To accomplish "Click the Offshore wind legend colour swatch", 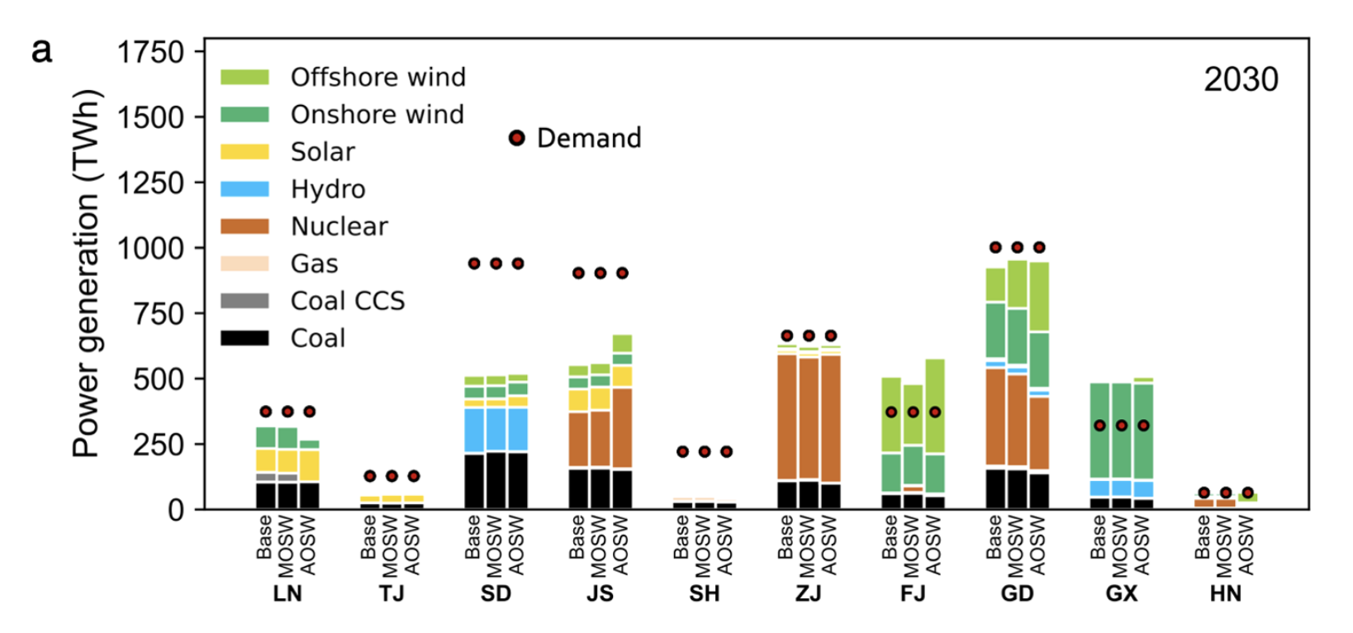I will (x=244, y=77).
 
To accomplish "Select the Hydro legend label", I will (x=327, y=189).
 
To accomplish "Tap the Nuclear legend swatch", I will (x=244, y=226).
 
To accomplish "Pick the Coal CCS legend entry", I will (x=347, y=301).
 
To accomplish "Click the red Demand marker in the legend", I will (x=517, y=138).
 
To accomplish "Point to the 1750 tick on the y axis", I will (x=150, y=52).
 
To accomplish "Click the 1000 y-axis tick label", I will (x=150, y=248).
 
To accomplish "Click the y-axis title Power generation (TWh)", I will (x=86, y=273).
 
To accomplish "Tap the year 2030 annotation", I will (x=1241, y=79).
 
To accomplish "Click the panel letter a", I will (x=41, y=50).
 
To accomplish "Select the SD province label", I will (x=496, y=594).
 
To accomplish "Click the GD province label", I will (x=1017, y=594).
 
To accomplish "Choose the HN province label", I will (x=1225, y=594).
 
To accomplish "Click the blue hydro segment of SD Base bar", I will (x=474, y=430).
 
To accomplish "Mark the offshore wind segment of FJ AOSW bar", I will (x=935, y=406).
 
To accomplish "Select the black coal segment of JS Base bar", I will (x=578, y=488).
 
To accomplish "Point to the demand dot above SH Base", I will (x=682, y=451).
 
